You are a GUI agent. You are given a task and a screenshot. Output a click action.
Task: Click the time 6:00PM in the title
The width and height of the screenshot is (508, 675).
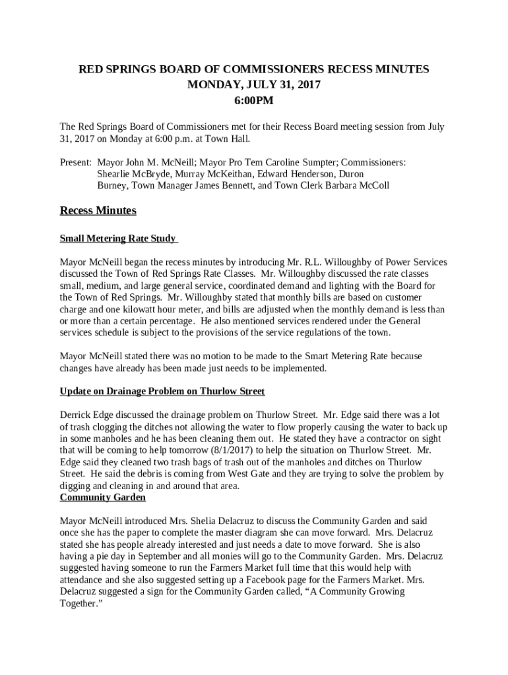(254, 101)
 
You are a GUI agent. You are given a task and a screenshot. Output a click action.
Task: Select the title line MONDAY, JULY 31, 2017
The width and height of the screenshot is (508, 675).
(254, 85)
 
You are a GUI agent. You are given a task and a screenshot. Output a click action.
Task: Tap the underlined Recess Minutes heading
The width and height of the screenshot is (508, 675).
(98, 211)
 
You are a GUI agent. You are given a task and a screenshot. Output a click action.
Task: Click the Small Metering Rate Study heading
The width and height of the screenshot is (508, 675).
(118, 239)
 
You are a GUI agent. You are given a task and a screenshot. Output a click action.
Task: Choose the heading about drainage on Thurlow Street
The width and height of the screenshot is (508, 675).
(162, 392)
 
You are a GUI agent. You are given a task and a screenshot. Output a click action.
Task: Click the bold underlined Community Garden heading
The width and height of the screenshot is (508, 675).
(102, 498)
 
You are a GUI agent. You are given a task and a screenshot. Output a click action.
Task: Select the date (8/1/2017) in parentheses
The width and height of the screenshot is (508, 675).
(237, 450)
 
